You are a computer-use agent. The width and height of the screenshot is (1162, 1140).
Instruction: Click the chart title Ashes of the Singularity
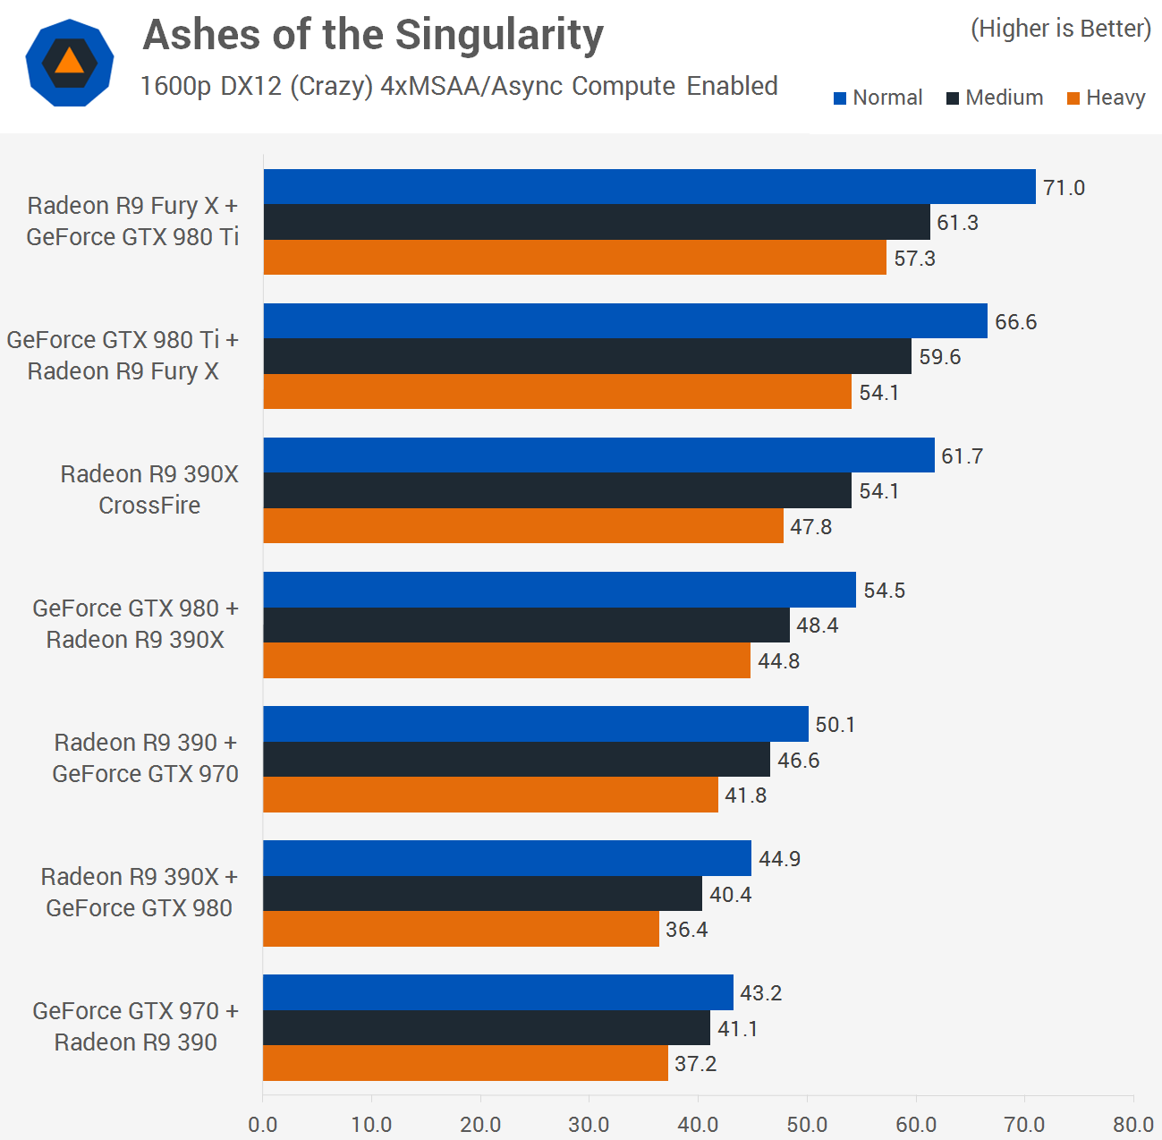pos(373,36)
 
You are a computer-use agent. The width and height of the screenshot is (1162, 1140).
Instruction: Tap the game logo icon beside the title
pos(69,63)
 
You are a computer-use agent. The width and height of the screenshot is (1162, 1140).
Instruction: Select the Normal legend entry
pos(878,98)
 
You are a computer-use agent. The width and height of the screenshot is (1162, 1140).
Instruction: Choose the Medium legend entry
pos(995,98)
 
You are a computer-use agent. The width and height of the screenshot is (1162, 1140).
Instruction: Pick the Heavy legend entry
pos(1106,98)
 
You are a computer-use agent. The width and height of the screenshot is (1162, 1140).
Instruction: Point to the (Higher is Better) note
pos(1061,29)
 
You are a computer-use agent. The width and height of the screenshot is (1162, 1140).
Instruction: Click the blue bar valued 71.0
pos(649,186)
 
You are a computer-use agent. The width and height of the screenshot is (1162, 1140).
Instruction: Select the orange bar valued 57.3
pos(574,258)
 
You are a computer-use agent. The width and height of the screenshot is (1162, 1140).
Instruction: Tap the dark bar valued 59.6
pos(587,356)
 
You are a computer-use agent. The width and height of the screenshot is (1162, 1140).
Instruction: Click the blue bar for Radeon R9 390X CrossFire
pos(598,455)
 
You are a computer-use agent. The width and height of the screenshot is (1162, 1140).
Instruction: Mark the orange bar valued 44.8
pos(506,660)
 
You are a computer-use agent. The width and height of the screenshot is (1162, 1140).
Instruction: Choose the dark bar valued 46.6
pos(516,760)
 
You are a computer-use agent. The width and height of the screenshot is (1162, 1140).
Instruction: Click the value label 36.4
pos(686,930)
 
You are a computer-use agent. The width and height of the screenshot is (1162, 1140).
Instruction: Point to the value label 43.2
pos(760,993)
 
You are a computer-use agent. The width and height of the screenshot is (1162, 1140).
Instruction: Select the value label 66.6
pos(1015,322)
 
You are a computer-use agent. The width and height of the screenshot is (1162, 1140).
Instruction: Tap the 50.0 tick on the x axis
pos(807,1124)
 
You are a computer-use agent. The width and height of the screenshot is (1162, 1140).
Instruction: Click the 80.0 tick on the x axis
pos(1132,1124)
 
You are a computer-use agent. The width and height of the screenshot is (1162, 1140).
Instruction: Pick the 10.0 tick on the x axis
pos(371,1124)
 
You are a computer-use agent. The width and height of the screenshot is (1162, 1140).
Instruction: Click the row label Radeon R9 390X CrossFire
pos(149,489)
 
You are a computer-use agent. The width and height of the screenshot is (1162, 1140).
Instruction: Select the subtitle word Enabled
pos(732,86)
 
